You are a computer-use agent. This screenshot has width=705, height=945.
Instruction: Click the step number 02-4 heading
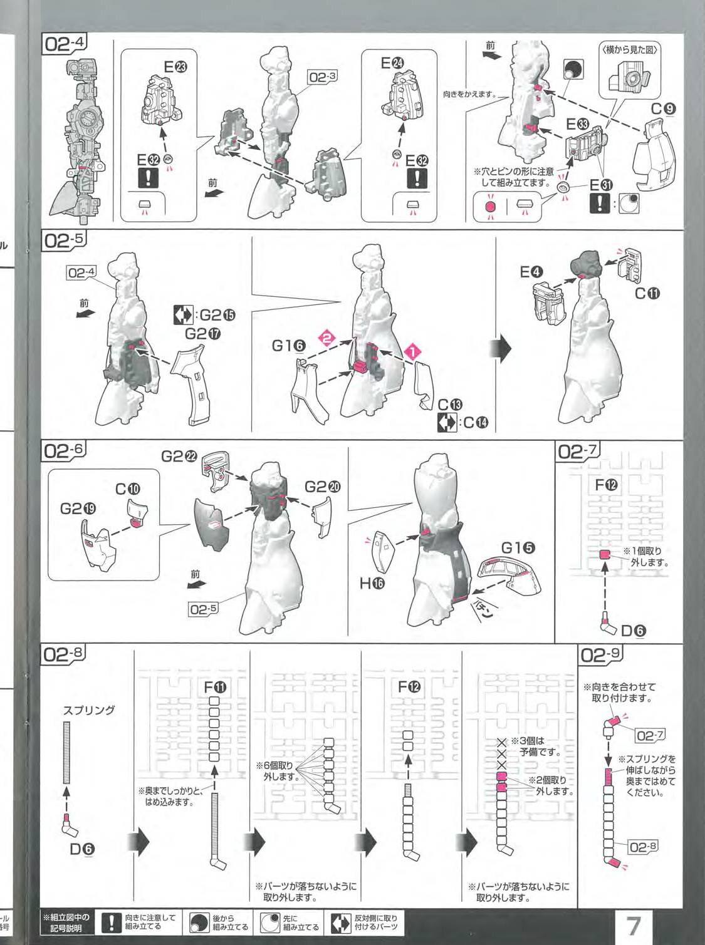[x=65, y=45]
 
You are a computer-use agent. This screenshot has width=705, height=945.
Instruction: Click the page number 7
[x=633, y=925]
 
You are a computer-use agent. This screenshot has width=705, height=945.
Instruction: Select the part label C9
[x=663, y=110]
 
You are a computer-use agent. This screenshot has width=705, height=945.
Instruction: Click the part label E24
[x=392, y=63]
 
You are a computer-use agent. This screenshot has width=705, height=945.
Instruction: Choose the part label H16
[x=373, y=584]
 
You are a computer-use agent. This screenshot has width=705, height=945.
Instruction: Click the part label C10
[x=128, y=489]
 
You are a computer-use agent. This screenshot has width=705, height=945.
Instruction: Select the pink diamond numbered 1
[x=413, y=352]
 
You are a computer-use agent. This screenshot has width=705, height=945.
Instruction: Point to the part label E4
[x=531, y=272]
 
